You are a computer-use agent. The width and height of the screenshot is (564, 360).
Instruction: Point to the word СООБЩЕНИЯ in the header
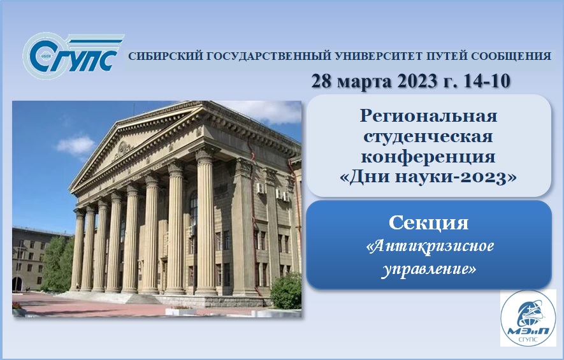point(508,56)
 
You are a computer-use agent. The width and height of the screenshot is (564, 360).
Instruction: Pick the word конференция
point(428,155)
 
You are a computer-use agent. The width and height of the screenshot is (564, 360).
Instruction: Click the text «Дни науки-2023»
point(428,176)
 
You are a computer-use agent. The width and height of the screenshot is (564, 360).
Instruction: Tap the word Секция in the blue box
point(428,224)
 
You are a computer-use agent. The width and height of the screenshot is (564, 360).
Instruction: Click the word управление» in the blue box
point(428,268)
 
